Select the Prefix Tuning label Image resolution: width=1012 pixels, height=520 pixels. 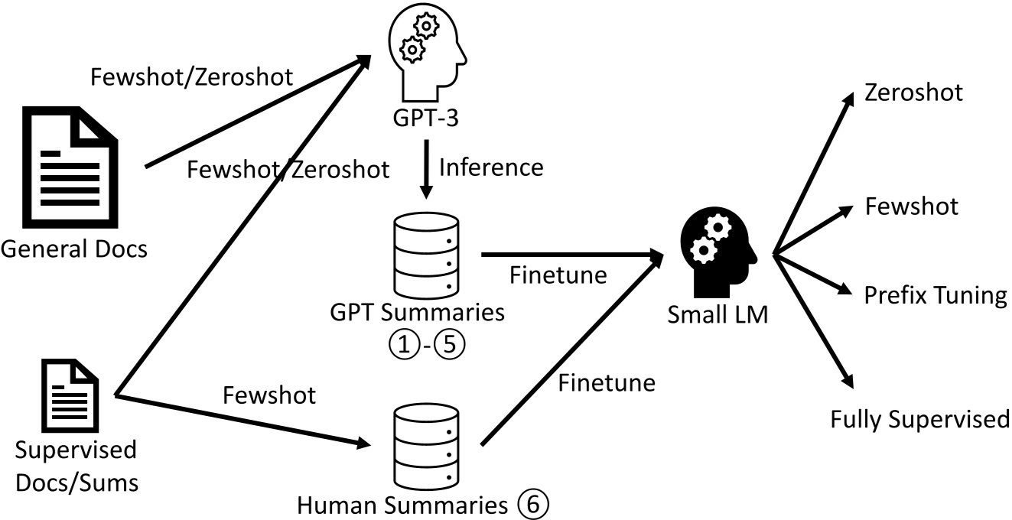pos(935,295)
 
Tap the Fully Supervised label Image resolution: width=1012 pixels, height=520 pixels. pos(920,419)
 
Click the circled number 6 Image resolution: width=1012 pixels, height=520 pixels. pos(532,505)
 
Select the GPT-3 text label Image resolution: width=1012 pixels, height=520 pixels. pos(426,122)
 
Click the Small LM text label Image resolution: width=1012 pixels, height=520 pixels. pos(717,314)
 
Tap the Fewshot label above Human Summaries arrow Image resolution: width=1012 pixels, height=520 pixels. pos(269,395)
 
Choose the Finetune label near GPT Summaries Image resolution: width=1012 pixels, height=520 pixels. pos(558,275)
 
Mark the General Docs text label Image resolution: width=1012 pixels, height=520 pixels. pos(74,249)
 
